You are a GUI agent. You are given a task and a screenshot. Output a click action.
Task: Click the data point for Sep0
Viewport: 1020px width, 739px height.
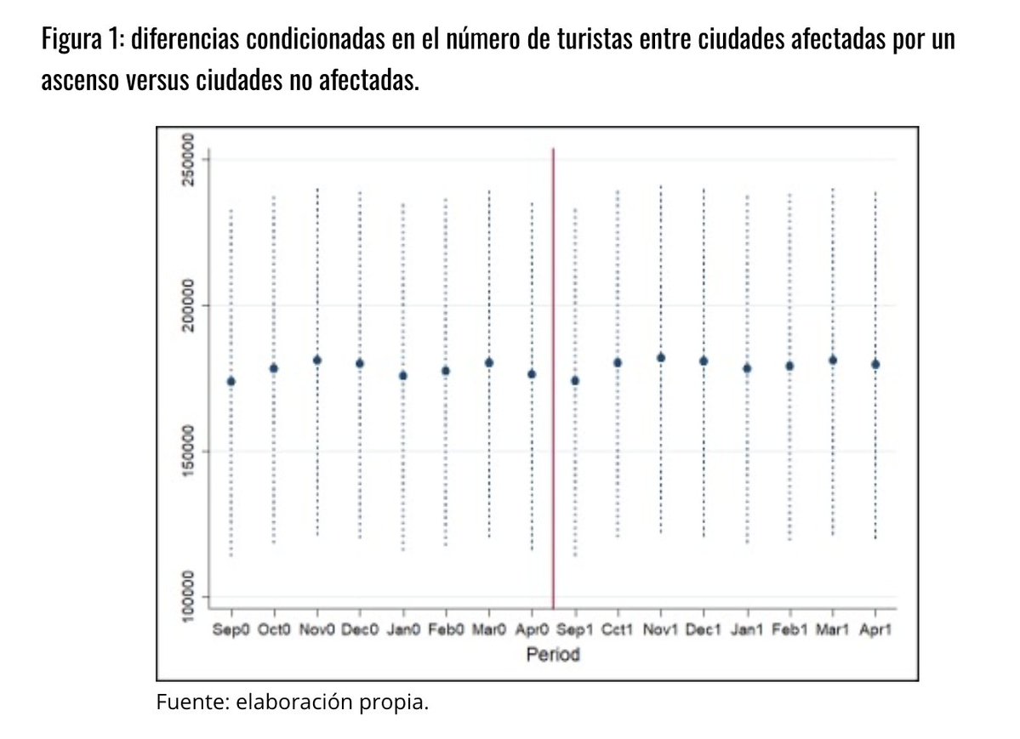point(231,381)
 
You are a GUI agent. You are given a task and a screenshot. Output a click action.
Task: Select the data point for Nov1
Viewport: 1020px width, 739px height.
point(660,358)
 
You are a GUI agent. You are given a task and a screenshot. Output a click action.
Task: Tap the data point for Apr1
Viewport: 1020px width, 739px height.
point(875,364)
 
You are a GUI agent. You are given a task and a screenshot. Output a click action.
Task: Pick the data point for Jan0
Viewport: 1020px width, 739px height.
point(402,375)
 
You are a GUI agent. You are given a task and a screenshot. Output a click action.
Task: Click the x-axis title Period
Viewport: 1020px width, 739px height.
point(553,656)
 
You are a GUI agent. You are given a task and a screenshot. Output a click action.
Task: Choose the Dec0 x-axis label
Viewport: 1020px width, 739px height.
point(359,631)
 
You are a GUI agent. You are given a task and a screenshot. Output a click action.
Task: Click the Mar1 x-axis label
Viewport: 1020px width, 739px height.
point(832,631)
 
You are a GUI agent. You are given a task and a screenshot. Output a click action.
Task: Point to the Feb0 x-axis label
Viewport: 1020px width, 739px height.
point(445,631)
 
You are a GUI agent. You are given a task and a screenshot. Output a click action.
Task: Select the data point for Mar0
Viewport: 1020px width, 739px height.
point(489,362)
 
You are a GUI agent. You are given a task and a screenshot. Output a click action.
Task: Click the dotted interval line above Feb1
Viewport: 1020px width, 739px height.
point(789,272)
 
